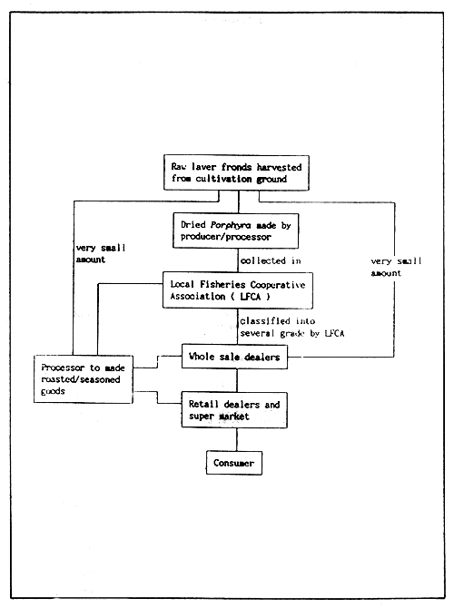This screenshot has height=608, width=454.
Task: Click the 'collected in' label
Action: click(270, 260)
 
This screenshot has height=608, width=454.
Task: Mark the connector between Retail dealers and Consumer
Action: click(236, 439)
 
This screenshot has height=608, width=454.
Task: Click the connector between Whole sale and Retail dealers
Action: click(236, 380)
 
